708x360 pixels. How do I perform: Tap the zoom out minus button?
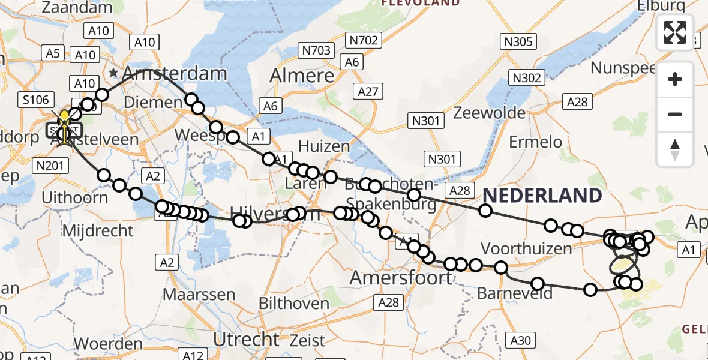tap(675, 114)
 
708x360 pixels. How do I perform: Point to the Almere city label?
tap(302, 76)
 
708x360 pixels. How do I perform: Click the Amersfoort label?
tap(401, 278)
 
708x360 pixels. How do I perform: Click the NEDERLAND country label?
tap(542, 196)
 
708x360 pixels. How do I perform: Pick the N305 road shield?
tap(518, 41)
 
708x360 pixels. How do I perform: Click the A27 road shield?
tap(368, 91)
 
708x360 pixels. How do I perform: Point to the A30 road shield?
tap(521, 341)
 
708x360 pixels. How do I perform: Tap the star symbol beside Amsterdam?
tap(113, 74)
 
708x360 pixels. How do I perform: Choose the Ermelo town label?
tap(535, 142)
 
